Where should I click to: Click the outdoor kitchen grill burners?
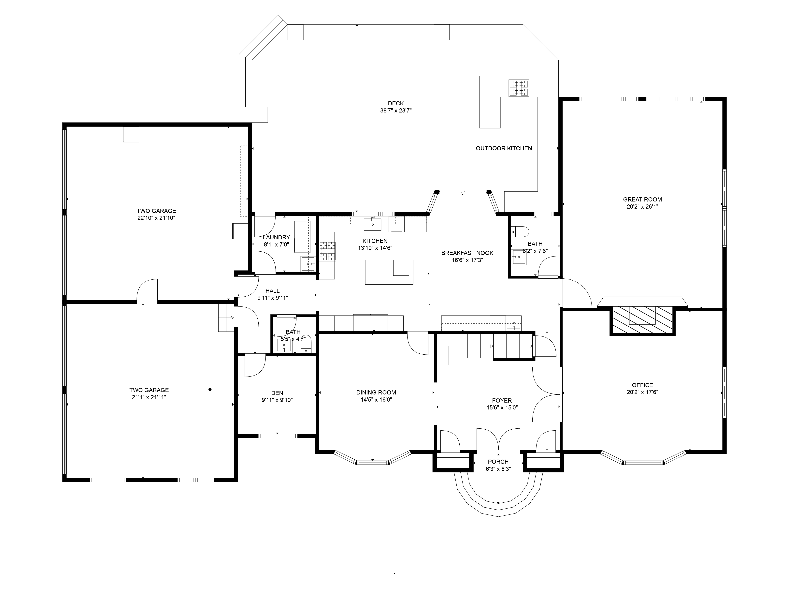click(519, 88)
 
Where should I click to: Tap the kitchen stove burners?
click(327, 251)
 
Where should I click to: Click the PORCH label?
click(498, 462)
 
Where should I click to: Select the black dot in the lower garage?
click(210, 389)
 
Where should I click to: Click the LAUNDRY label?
click(276, 238)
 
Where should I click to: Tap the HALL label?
click(273, 291)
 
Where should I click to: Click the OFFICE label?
click(642, 385)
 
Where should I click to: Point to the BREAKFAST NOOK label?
click(467, 253)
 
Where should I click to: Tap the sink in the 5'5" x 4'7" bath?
click(284, 345)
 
